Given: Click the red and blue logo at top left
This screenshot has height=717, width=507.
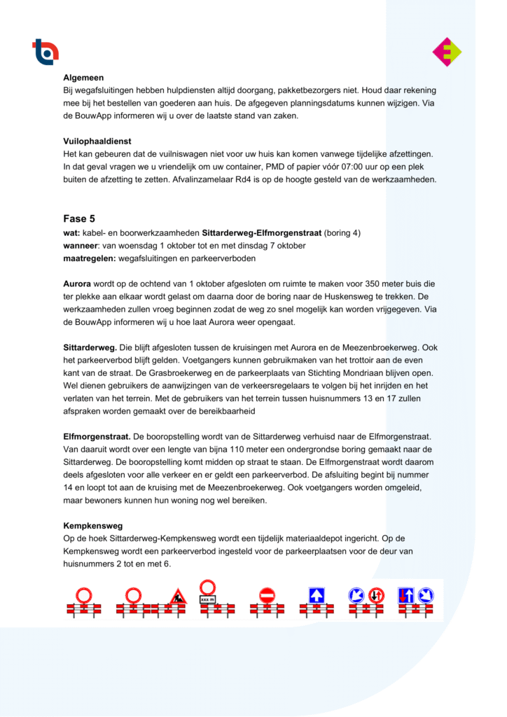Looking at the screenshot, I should point(46,51).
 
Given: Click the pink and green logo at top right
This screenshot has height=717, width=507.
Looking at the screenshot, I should point(447,52).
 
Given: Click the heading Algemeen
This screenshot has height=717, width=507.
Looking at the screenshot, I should point(83,78).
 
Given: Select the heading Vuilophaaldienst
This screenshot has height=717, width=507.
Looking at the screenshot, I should point(97,141).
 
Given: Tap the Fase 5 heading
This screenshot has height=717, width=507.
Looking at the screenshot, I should point(74,218).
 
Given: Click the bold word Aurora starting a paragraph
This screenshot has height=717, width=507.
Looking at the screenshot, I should point(77,284).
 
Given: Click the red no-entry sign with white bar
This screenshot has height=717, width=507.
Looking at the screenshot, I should point(267,595).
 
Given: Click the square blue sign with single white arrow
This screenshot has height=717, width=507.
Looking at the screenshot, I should point(317,595).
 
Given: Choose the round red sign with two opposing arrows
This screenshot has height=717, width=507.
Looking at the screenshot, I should point(375,595).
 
